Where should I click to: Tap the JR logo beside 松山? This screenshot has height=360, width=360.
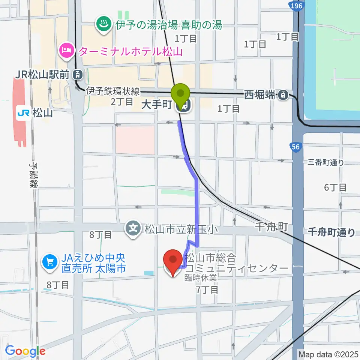click(x=23, y=112)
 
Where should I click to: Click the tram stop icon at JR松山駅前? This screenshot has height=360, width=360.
click(x=77, y=74)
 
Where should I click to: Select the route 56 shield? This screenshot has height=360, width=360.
click(x=295, y=147)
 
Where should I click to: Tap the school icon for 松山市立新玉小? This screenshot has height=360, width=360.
click(x=133, y=228)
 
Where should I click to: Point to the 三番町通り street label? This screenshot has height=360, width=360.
click(x=325, y=163)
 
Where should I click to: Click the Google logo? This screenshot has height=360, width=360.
click(x=25, y=351)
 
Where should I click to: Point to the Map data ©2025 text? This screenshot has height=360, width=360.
click(x=328, y=354)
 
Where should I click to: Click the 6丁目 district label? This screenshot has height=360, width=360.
click(x=335, y=187)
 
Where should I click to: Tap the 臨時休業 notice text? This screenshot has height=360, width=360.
click(x=200, y=278)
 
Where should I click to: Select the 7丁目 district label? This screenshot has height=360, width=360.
click(x=206, y=289)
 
